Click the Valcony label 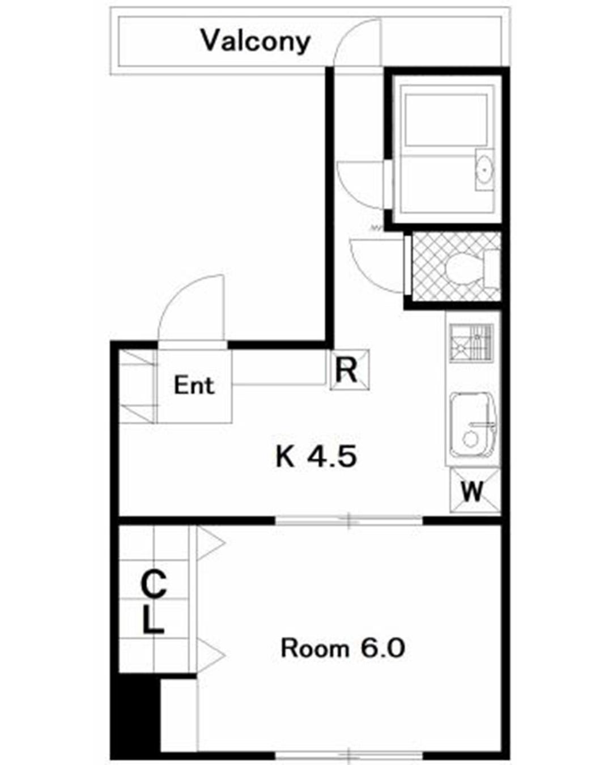click(256, 41)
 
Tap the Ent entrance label click(194, 385)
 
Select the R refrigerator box click(349, 369)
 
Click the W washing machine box click(475, 491)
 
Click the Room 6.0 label click(343, 648)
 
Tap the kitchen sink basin click(473, 425)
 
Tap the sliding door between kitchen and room click(348, 521)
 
